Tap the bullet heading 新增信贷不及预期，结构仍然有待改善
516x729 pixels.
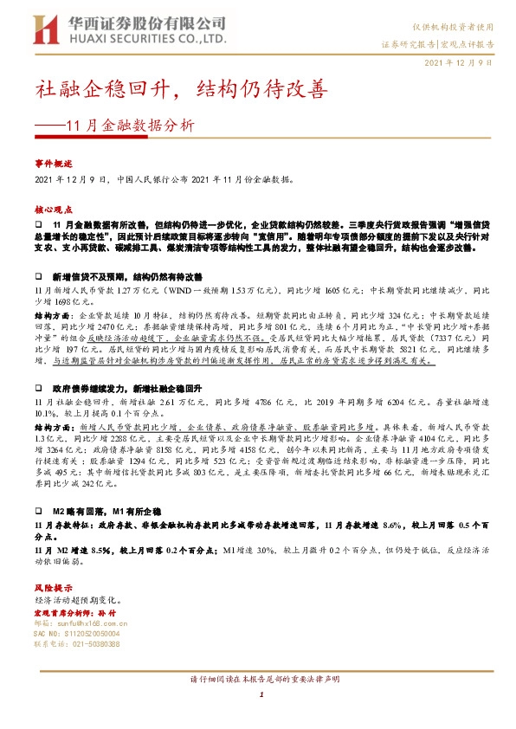click(127, 276)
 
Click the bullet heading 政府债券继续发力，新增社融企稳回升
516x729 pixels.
click(127, 390)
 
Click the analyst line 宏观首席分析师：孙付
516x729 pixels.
click(80, 612)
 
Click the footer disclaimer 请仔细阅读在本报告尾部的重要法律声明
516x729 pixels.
click(260, 681)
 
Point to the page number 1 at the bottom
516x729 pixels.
click(260, 696)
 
